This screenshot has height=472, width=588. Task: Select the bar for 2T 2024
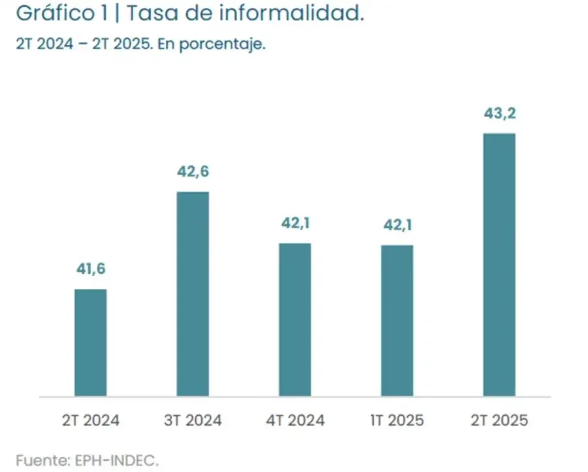(x=90, y=343)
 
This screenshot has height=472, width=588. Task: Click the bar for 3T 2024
(x=193, y=294)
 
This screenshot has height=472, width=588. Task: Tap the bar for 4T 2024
(x=295, y=320)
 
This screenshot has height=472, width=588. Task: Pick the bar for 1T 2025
(x=397, y=321)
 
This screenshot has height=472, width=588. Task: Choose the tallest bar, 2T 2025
(x=499, y=265)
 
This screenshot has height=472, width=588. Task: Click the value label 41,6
(x=90, y=269)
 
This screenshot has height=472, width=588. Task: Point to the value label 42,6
(x=193, y=172)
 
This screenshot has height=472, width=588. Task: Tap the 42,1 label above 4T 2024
(x=295, y=224)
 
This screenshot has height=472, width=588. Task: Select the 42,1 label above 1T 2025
(x=397, y=226)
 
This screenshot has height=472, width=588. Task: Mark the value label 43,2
(x=499, y=113)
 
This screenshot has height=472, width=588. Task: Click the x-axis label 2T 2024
(x=90, y=420)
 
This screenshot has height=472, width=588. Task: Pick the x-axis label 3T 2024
(x=193, y=420)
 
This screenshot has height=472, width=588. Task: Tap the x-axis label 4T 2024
(x=295, y=420)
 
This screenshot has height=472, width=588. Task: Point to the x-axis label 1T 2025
(x=397, y=420)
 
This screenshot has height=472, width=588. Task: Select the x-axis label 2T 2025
(x=499, y=420)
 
